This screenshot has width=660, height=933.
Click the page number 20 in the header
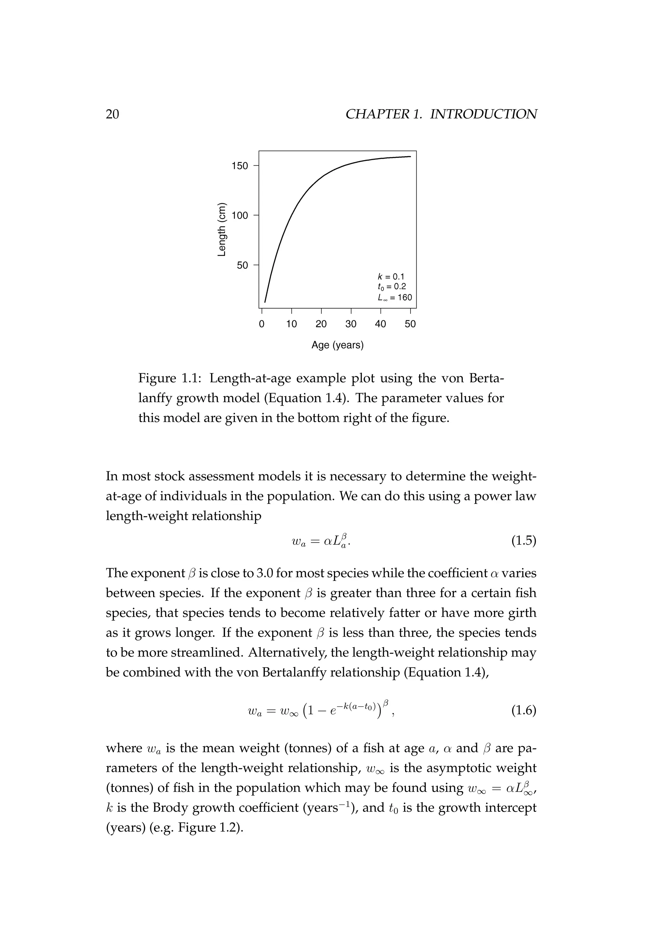pyautogui.click(x=112, y=114)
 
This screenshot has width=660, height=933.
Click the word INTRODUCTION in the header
pyautogui.click(x=483, y=114)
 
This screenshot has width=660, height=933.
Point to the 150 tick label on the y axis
pyautogui.click(x=239, y=166)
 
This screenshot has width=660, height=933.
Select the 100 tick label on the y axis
pyautogui.click(x=239, y=216)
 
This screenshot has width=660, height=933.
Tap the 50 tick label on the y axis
pyautogui.click(x=242, y=265)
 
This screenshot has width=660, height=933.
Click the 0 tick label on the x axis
pyautogui.click(x=262, y=324)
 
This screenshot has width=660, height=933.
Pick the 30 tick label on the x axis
pyautogui.click(x=351, y=324)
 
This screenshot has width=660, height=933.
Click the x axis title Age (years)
pyautogui.click(x=337, y=345)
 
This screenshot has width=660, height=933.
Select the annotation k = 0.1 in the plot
pyautogui.click(x=391, y=277)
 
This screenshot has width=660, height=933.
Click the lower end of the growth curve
pyautogui.click(x=265, y=302)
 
